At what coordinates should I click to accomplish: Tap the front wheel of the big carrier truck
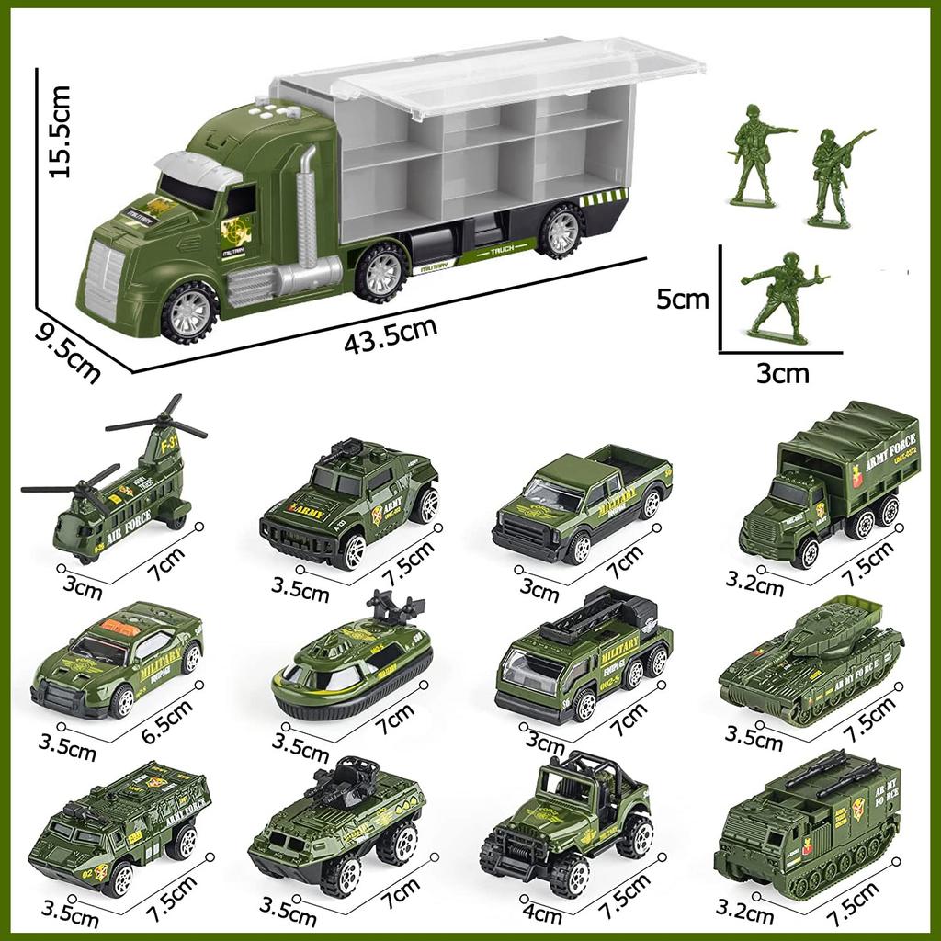pyautogui.click(x=189, y=312)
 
